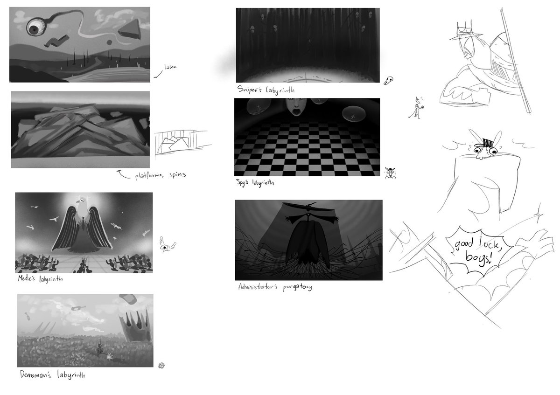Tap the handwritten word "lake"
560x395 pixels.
(x=170, y=67)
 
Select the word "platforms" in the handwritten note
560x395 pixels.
(x=149, y=176)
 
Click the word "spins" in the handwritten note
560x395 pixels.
(x=177, y=174)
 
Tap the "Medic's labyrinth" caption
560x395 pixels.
(x=40, y=278)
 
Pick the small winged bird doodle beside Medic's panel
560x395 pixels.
(x=167, y=244)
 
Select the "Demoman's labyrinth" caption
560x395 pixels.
(x=52, y=375)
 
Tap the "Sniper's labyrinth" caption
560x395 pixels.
(x=266, y=90)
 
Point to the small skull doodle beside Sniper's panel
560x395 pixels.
(x=388, y=81)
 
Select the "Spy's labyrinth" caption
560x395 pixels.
(x=255, y=183)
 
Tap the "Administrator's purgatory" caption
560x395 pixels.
(x=275, y=287)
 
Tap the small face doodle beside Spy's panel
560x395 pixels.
(x=390, y=173)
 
